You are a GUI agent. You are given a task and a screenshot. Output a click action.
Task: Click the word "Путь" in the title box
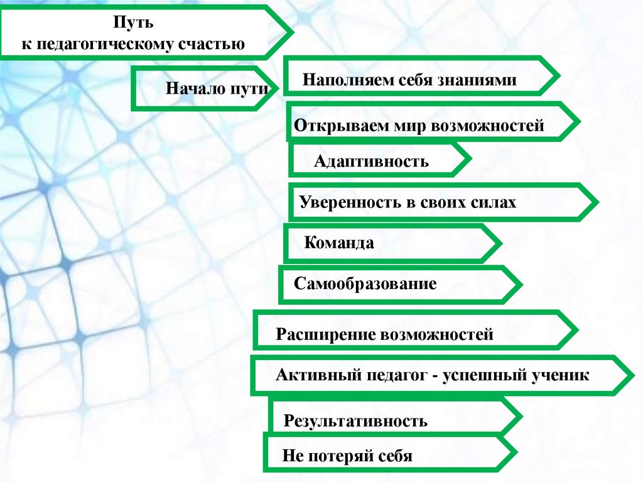pyautogui.click(x=132, y=23)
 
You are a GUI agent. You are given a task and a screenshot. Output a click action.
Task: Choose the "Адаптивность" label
pyautogui.click(x=371, y=162)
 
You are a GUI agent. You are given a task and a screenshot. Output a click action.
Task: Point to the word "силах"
pyautogui.click(x=494, y=202)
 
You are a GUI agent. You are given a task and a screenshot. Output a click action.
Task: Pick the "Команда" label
pyautogui.click(x=339, y=243)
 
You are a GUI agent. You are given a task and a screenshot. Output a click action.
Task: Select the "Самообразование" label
pyautogui.click(x=365, y=283)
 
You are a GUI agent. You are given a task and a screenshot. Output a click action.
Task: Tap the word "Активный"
pyautogui.click(x=313, y=375)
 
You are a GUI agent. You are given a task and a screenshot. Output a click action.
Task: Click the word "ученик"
pyautogui.click(x=561, y=375)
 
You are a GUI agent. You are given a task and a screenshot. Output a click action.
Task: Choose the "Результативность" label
pyautogui.click(x=355, y=420)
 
